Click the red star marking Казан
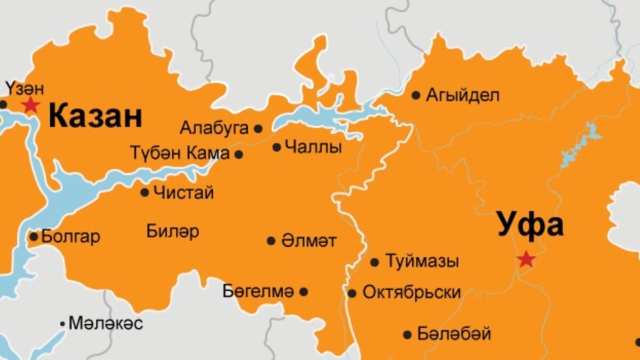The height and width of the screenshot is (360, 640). tap(30, 105)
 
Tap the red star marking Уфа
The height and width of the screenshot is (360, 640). tap(526, 259)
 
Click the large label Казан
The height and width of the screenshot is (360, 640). tap(96, 117)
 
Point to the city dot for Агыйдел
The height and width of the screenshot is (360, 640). tap(416, 95)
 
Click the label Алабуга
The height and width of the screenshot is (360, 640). tap(214, 128)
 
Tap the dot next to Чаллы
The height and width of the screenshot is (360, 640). tap(276, 147)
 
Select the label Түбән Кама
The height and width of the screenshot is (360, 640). tap(180, 154)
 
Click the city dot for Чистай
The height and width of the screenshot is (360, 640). tap(145, 192)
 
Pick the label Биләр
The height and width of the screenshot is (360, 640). tap(172, 231)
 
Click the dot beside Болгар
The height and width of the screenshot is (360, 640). tap(34, 236)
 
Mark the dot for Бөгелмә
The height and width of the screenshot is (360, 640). tap(303, 292)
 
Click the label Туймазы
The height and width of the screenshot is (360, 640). tap(422, 262)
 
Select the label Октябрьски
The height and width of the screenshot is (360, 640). tap(412, 293)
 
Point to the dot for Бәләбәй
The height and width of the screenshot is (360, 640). tap(407, 335)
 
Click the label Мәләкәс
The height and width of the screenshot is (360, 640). tap(106, 323)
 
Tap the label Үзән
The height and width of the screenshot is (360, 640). tap(24, 87)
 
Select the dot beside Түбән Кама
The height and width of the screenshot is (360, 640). tap(239, 154)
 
